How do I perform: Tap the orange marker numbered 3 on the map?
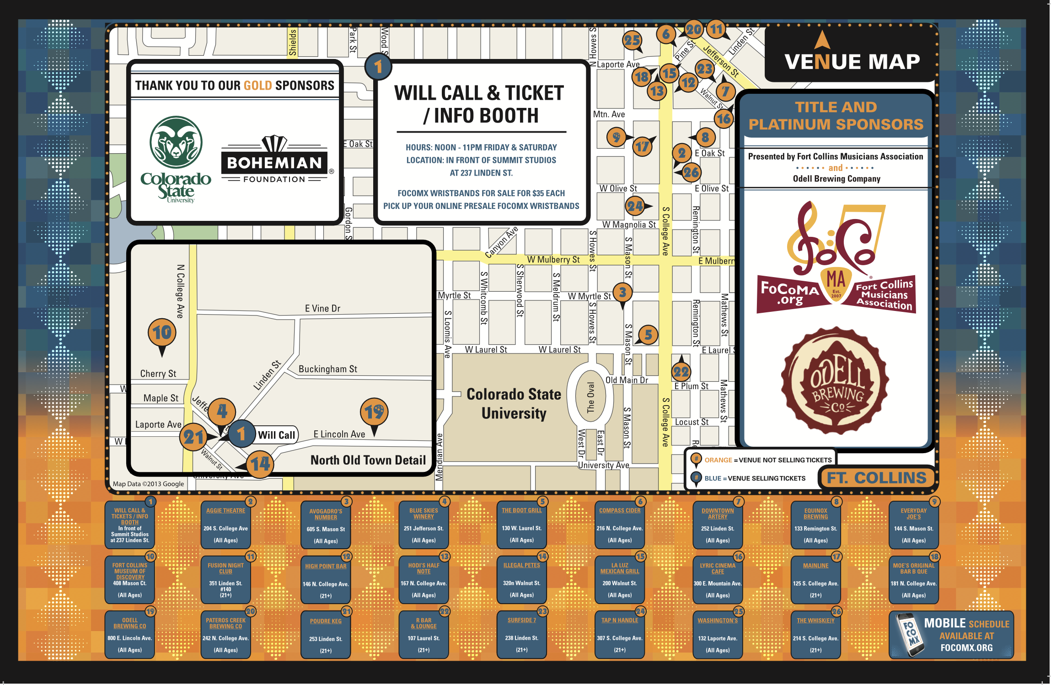[622, 292]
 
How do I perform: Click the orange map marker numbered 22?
[681, 372]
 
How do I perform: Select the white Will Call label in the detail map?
[277, 435]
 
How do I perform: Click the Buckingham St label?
[327, 369]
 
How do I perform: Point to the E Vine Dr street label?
[322, 309]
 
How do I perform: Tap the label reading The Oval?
[590, 397]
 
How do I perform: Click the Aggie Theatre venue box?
[226, 524]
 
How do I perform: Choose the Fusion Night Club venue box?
[226, 579]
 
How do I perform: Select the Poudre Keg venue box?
[326, 634]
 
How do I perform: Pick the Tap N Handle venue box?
[620, 634]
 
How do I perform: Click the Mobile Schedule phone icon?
[910, 635]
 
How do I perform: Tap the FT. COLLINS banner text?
[876, 478]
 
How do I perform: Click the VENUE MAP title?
[852, 61]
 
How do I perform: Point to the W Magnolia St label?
[629, 225]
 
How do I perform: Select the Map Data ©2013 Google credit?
[148, 484]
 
